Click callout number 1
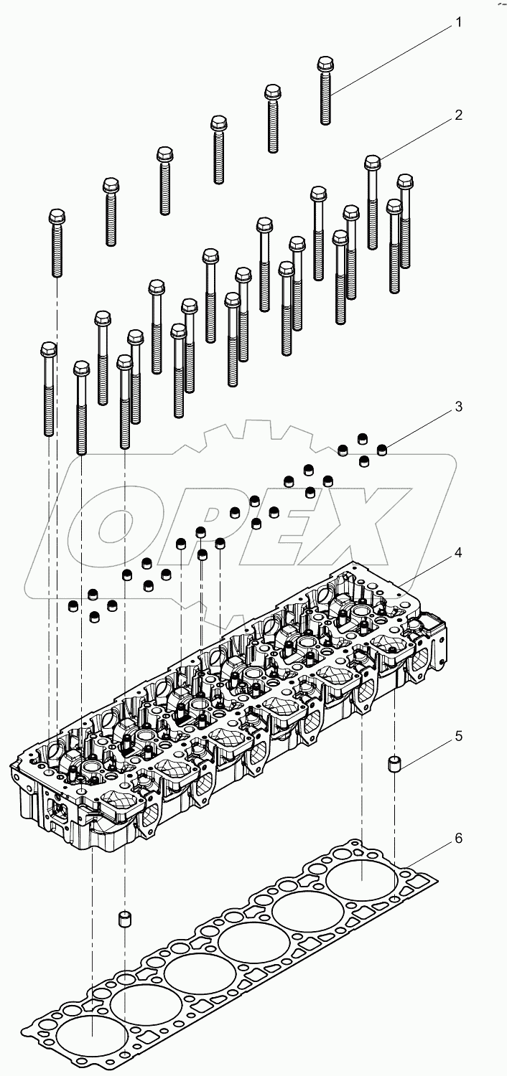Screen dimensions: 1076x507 457,23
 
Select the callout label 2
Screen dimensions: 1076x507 457,115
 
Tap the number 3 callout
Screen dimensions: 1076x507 457,407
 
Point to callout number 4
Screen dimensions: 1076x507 457,553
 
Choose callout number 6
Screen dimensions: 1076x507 457,838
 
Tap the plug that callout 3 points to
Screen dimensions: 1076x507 383,450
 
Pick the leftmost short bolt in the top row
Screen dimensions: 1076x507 57,244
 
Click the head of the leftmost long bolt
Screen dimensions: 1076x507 48,350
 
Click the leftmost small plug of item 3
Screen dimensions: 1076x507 73,608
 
